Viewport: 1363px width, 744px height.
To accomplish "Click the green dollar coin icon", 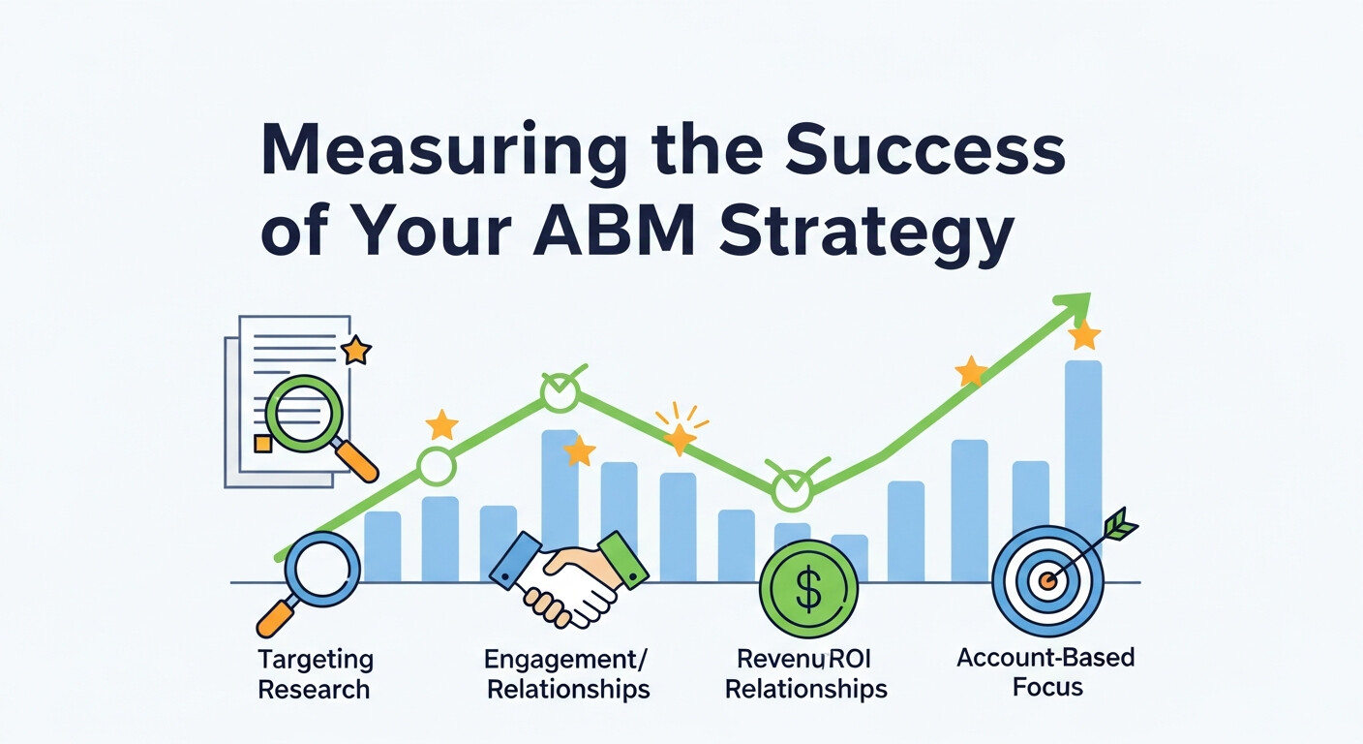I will click(x=808, y=589).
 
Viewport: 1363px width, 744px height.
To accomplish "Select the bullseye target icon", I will click(x=1047, y=581).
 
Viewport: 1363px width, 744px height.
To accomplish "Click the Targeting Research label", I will click(x=315, y=674).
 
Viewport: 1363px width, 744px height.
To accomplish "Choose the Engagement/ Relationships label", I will click(x=567, y=674).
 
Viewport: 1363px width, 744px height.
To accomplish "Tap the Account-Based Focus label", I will click(x=1045, y=672).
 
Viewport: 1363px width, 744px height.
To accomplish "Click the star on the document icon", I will click(x=356, y=350).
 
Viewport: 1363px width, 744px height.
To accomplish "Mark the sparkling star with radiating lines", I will click(x=681, y=438).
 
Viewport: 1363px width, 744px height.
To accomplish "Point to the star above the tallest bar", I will click(x=1084, y=336).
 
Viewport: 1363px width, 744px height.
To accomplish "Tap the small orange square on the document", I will click(x=262, y=443).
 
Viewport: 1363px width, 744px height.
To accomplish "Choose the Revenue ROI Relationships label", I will click(x=806, y=674).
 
